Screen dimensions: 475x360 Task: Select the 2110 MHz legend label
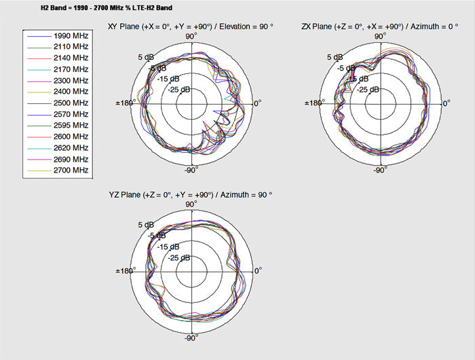(71, 47)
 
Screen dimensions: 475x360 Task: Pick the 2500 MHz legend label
(71, 103)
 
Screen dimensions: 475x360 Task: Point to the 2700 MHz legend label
(71, 170)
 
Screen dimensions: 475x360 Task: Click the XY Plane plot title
(191, 26)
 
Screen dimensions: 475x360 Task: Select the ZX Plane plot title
(380, 26)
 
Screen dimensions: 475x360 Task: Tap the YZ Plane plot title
(191, 195)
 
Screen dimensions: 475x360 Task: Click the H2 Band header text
(107, 8)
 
